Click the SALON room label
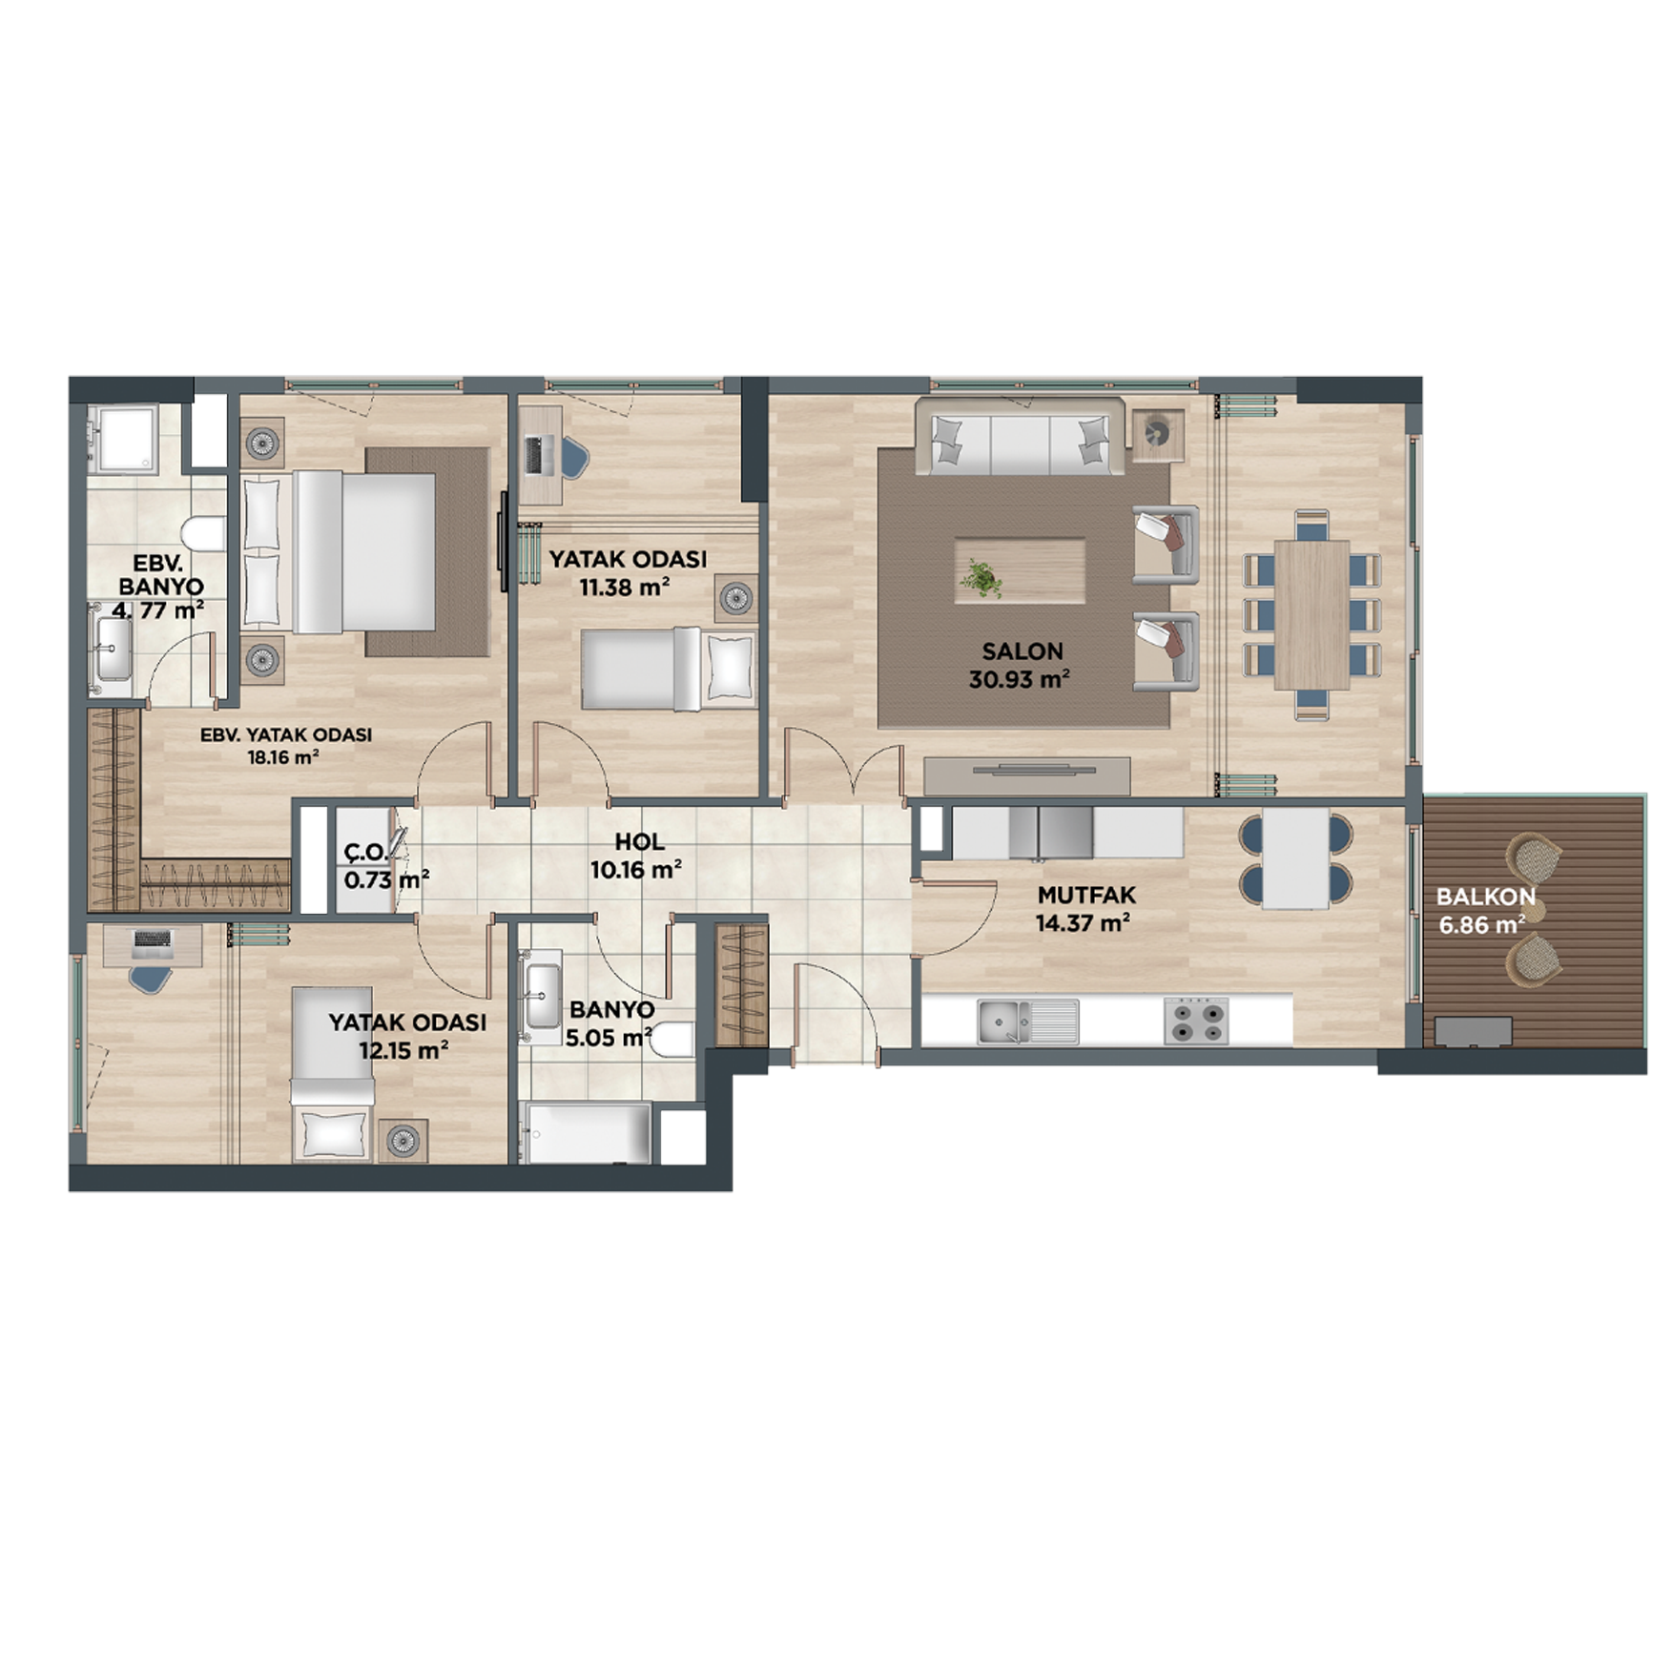pos(1022,651)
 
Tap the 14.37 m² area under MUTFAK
pos(1083,922)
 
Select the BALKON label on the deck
pos(1486,897)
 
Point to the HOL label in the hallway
pos(639,841)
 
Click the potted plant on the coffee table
pos(980,578)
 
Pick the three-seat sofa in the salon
pos(1021,436)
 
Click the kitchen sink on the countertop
pos(1027,1022)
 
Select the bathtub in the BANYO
pos(588,1133)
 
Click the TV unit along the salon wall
pos(1026,775)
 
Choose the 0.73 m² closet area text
pos(385,879)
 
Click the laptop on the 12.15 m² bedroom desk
pos(153,943)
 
